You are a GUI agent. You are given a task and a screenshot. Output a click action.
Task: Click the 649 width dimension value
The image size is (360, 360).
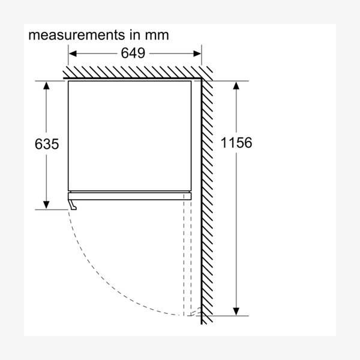133,53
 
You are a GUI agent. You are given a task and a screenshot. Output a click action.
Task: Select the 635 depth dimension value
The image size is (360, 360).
47,144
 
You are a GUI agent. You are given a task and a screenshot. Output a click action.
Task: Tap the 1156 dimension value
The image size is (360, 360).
236,143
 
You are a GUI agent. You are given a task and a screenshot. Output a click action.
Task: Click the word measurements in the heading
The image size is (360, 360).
76,35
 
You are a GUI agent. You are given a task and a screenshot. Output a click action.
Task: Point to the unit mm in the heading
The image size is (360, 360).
157,35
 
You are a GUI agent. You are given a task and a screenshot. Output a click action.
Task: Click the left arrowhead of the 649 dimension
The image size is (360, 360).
73,54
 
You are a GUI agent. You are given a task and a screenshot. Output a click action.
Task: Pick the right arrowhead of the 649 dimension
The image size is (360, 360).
197,54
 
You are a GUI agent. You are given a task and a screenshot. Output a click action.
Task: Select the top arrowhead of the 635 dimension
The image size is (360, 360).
46,86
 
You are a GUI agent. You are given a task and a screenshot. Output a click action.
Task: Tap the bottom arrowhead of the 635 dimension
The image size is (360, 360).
46,205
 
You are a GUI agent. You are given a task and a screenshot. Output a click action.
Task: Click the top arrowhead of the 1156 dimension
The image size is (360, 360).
236,86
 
